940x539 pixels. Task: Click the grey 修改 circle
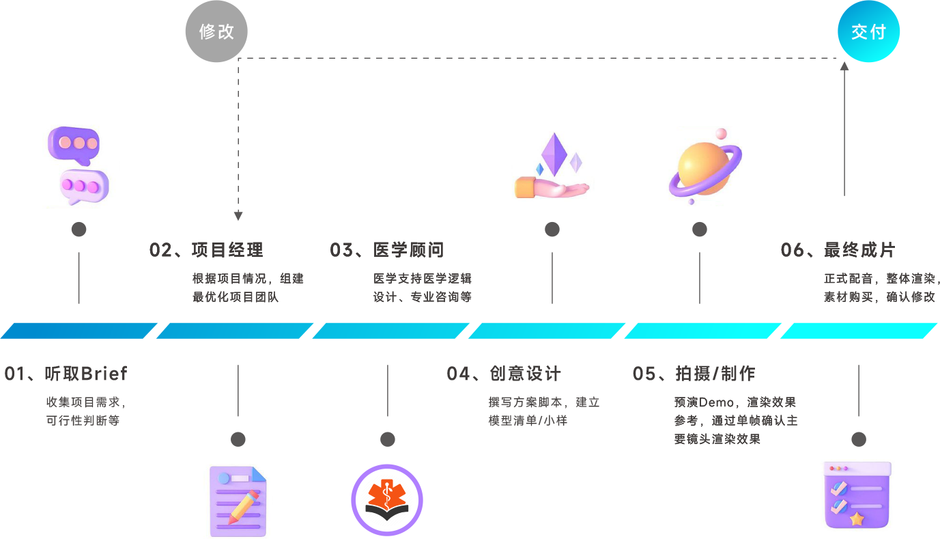coord(216,31)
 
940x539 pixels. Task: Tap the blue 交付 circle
coord(868,31)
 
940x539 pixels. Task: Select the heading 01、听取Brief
coord(66,374)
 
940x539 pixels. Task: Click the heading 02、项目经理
coord(206,250)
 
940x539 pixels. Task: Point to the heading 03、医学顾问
coord(387,250)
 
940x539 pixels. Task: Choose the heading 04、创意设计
coord(504,374)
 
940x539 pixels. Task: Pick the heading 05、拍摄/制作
coord(694,374)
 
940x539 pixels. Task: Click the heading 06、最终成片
coord(838,250)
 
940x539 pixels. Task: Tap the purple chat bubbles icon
coord(78,165)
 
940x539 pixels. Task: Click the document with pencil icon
coord(238,501)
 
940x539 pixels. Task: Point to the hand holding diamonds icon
coord(552,167)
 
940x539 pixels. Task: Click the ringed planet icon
coord(703,167)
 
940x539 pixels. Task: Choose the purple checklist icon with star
coord(858,495)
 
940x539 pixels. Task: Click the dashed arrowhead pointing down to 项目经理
coord(238,217)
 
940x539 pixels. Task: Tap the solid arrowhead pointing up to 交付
coord(844,66)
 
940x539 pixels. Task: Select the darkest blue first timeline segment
coord(79,331)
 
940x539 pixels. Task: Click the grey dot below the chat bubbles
coord(79,230)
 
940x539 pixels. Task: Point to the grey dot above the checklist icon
coord(859,439)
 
